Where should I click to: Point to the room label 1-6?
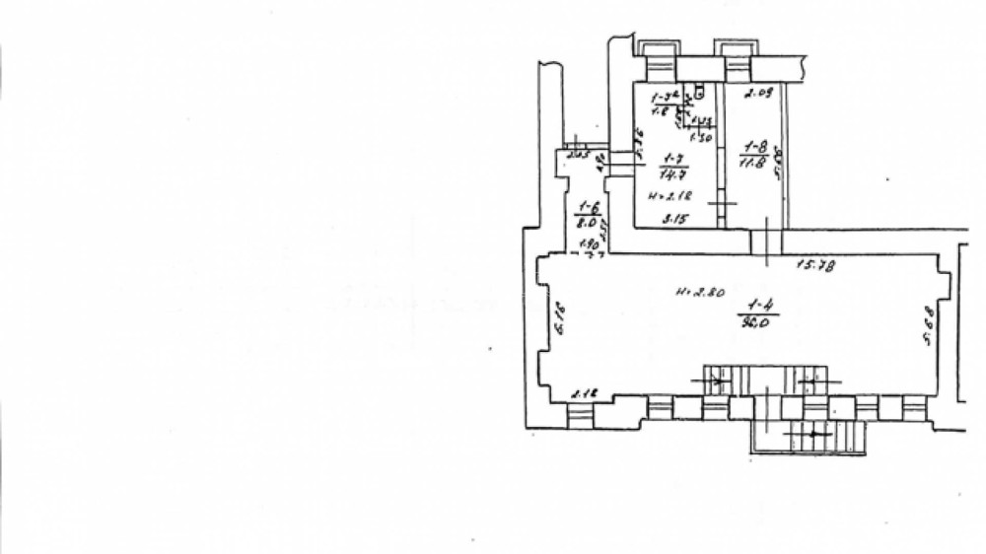tap(589, 207)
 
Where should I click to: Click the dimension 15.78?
tap(816, 263)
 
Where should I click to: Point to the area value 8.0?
tap(589, 224)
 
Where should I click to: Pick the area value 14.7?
tap(673, 173)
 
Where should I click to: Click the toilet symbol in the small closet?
tap(699, 92)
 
